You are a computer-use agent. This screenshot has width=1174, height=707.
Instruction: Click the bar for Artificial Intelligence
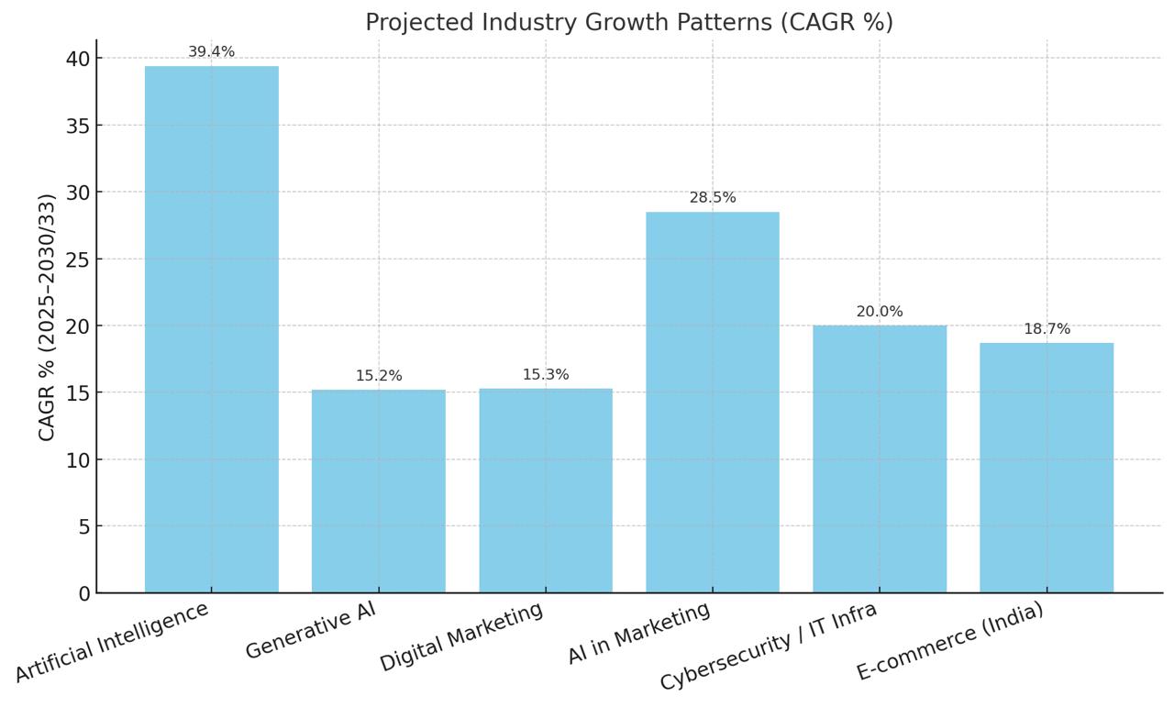(211, 330)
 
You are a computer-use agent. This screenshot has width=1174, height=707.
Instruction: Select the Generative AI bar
(378, 492)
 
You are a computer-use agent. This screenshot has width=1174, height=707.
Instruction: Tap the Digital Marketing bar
(546, 491)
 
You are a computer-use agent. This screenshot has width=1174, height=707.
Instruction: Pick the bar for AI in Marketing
(713, 403)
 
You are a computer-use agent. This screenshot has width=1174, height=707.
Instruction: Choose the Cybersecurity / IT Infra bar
(880, 459)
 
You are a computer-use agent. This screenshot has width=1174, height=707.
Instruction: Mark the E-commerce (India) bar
(1047, 468)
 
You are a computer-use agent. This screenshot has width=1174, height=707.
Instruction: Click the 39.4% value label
(211, 52)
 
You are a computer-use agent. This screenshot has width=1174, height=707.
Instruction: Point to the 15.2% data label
(379, 376)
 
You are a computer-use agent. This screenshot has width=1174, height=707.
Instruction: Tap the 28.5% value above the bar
(713, 198)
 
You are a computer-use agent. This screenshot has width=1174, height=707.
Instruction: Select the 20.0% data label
(880, 312)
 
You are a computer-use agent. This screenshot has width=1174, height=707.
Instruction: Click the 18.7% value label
(1047, 329)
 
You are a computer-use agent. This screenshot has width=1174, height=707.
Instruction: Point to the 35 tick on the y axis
(78, 126)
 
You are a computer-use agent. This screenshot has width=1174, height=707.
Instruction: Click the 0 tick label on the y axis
(84, 593)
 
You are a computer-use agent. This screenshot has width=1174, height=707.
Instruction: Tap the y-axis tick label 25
(78, 260)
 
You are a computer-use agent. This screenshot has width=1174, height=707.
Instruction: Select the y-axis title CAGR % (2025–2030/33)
(47, 316)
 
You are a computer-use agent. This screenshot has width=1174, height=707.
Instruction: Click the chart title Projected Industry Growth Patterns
(629, 22)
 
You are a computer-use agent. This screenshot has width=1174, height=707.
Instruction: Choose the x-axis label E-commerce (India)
(950, 641)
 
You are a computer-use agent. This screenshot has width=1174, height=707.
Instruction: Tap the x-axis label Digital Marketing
(461, 637)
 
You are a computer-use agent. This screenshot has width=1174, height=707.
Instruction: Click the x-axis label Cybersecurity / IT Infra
(769, 646)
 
